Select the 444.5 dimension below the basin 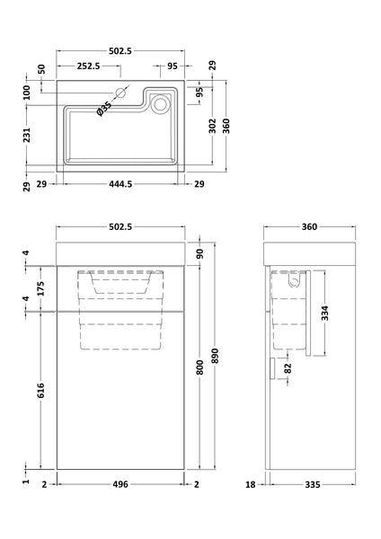[x=120, y=185]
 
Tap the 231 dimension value [x=28, y=134]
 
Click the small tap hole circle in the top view [x=120, y=93]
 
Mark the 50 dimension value [x=40, y=68]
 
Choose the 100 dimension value [x=28, y=93]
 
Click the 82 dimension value [x=288, y=367]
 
